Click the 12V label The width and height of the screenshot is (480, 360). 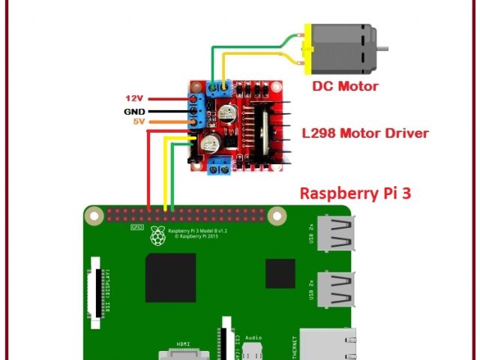[x=133, y=98]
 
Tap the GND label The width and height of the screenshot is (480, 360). [x=133, y=110]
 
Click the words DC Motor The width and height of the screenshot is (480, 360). [x=345, y=86]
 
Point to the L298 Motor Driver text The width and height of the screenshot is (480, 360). [x=364, y=133]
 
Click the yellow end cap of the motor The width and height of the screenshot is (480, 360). [x=307, y=47]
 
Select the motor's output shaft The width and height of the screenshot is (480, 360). [x=382, y=48]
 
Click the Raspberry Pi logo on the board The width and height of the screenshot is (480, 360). [x=157, y=235]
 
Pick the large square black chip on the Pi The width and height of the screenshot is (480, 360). [x=171, y=277]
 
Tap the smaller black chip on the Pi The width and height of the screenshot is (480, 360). [x=280, y=273]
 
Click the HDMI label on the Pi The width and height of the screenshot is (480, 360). [x=183, y=343]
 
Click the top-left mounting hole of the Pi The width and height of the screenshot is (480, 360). [x=94, y=217]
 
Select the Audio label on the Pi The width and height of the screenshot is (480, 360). [x=253, y=337]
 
